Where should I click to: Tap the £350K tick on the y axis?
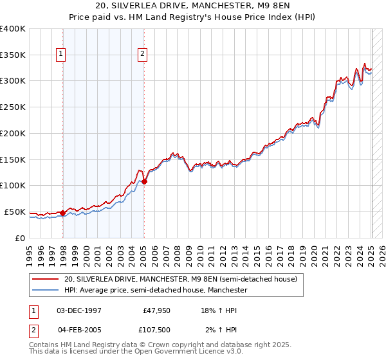coord(13,55)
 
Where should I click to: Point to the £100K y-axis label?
coord(13,185)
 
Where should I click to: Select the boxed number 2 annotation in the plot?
coord(142,55)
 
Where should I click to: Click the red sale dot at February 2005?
coord(144,182)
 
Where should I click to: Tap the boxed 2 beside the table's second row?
coord(33,330)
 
